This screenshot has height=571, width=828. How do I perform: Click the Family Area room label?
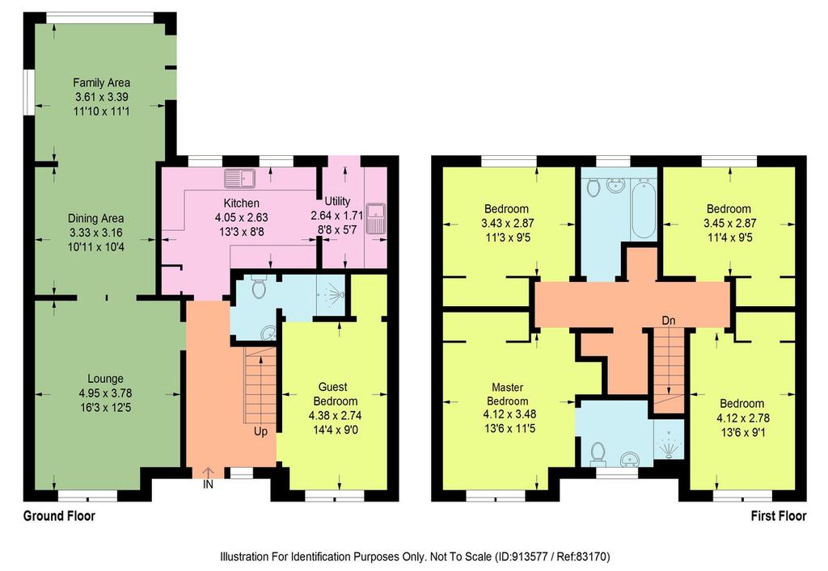pyautogui.click(x=101, y=82)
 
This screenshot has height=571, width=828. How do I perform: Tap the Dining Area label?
pyautogui.click(x=96, y=218)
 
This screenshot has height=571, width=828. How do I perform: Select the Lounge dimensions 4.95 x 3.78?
pyautogui.click(x=106, y=393)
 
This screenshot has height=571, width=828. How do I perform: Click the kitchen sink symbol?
pyautogui.click(x=239, y=178)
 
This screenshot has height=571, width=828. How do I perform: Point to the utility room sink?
pyautogui.click(x=375, y=218)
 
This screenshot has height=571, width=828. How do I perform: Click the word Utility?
pyautogui.click(x=337, y=201)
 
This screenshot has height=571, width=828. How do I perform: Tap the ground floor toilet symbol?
pyautogui.click(x=258, y=288)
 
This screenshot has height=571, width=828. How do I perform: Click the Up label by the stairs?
pyautogui.click(x=261, y=432)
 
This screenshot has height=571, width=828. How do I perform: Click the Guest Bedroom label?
pyautogui.click(x=336, y=394)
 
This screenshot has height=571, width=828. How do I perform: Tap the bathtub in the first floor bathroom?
pyautogui.click(x=643, y=208)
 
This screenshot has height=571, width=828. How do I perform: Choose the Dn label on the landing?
pyautogui.click(x=669, y=321)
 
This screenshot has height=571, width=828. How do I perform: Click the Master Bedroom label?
pyautogui.click(x=508, y=394)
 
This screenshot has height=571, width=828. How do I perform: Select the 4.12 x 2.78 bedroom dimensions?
pyautogui.click(x=743, y=418)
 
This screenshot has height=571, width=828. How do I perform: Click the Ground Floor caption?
pyautogui.click(x=59, y=515)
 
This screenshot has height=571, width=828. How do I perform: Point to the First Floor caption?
pyautogui.click(x=779, y=515)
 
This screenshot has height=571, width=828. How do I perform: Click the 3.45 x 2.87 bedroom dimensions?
pyautogui.click(x=730, y=223)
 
